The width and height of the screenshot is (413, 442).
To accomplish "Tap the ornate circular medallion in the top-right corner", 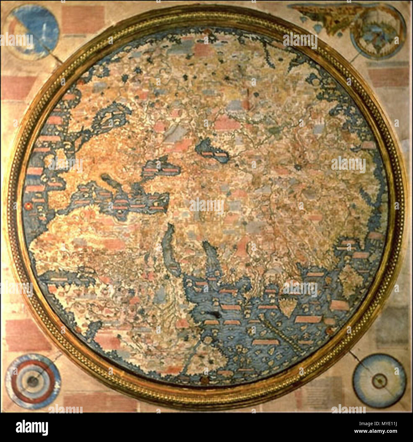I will pos(378,34).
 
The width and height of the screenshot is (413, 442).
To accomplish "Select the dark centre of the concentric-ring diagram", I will pos(32,381).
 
